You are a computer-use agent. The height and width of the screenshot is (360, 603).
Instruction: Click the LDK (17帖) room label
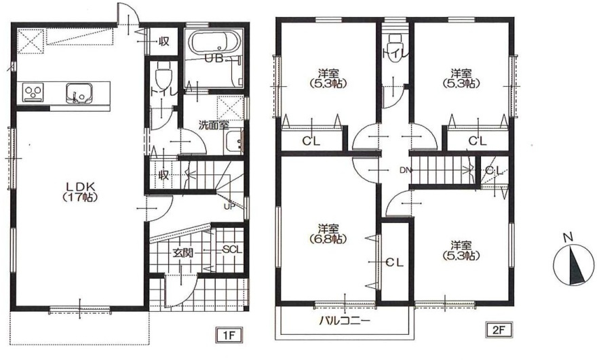(x=80, y=191)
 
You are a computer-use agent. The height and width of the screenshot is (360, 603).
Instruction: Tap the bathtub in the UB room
(x=216, y=42)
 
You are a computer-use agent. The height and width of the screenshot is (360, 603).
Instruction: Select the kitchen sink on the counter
(x=79, y=93)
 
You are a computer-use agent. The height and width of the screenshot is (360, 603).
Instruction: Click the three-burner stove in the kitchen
(x=33, y=92)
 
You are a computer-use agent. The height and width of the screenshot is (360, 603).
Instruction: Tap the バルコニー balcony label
(x=345, y=321)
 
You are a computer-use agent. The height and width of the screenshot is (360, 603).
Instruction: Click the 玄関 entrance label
(x=183, y=253)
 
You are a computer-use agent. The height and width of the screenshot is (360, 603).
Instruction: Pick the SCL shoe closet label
(x=232, y=249)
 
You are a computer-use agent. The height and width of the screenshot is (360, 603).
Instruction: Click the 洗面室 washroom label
(x=214, y=125)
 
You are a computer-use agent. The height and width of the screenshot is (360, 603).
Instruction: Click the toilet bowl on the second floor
(x=394, y=43)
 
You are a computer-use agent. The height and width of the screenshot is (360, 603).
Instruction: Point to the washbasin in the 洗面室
(x=234, y=142)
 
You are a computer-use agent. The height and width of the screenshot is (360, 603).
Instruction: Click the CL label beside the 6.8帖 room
(x=394, y=263)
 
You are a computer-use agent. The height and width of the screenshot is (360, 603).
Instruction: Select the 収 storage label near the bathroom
(x=164, y=41)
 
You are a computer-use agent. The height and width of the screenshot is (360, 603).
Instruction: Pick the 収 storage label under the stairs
(x=164, y=176)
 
